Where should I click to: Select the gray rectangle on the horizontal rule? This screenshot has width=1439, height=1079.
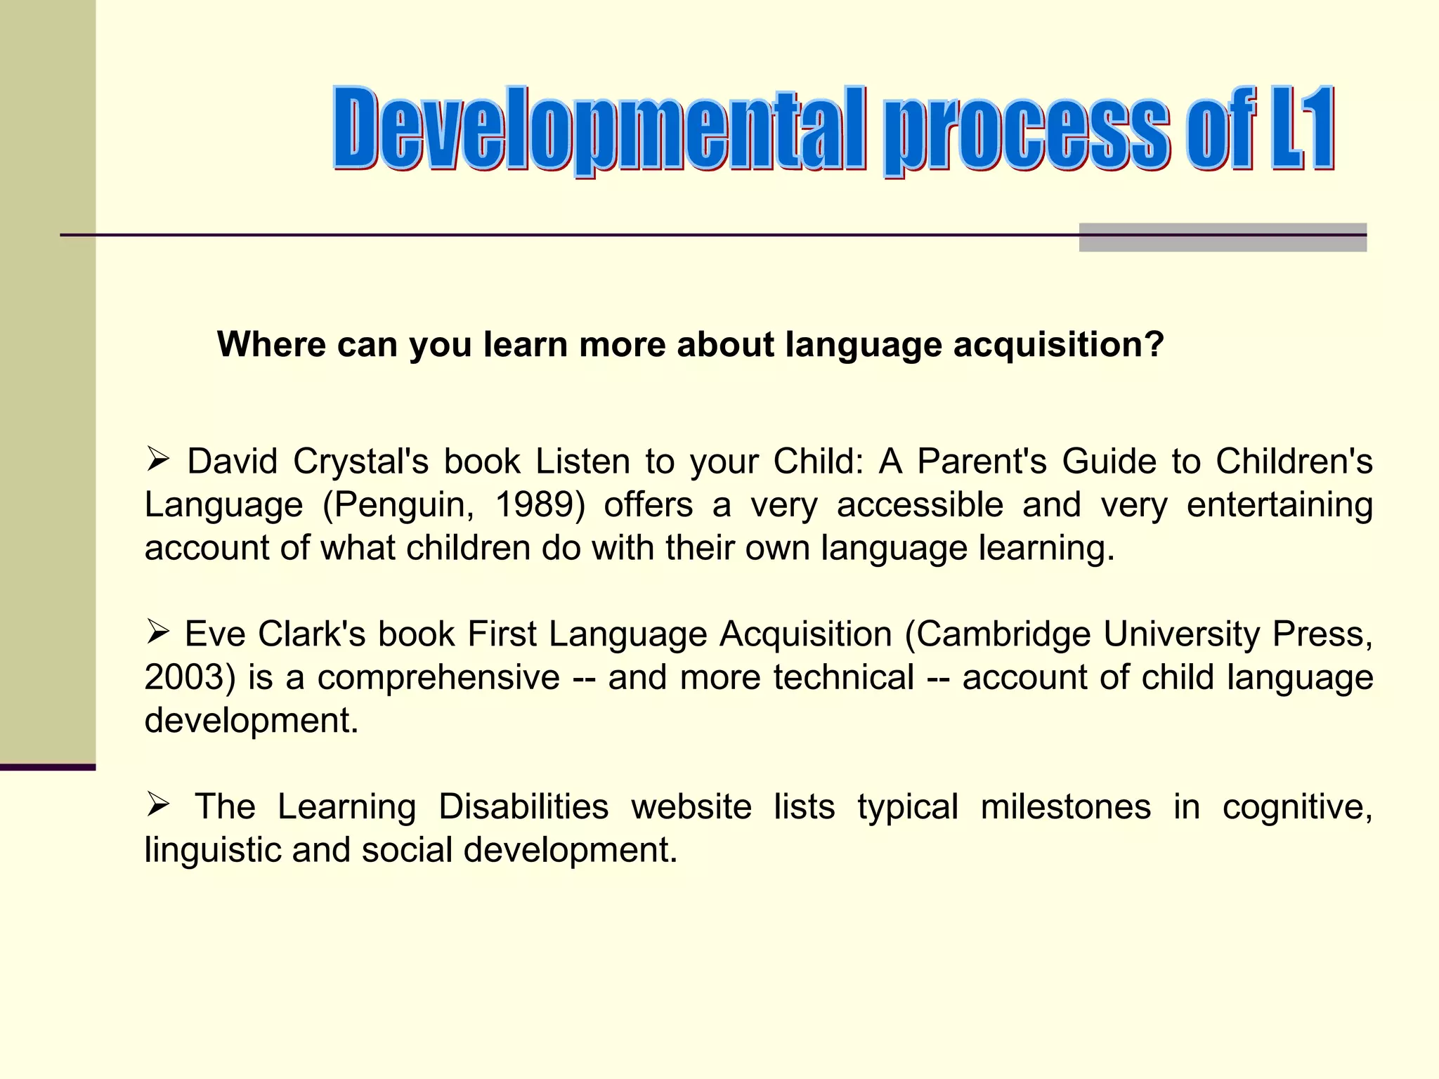pos(1223,237)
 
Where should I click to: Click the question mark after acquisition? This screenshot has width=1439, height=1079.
pos(1154,344)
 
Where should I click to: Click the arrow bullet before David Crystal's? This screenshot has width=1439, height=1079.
pos(158,460)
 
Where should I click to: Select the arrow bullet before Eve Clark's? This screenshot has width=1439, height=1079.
pos(158,632)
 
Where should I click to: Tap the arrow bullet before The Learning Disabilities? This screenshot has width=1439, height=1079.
pos(158,804)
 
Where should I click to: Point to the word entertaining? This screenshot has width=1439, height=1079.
pos(1280,504)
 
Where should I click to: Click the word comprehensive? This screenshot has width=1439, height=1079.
pos(438,677)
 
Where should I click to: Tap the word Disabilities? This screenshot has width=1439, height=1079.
pos(523,806)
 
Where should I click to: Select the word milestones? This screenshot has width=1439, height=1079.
pos(1065,806)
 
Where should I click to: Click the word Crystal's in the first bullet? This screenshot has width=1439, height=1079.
pos(360,462)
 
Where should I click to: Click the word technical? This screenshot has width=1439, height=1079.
pos(843,677)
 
